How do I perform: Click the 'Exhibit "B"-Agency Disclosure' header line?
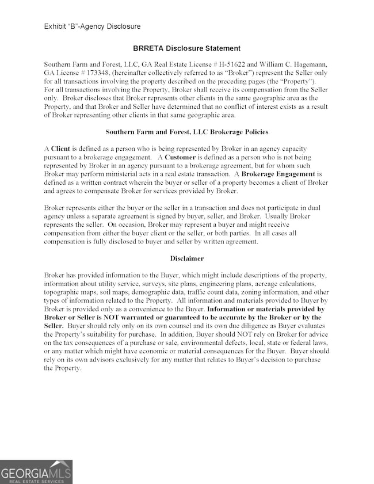(x=92, y=26)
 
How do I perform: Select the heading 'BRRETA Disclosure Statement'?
(x=186, y=48)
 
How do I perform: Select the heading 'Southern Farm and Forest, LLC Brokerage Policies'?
(x=186, y=132)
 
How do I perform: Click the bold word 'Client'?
(x=60, y=148)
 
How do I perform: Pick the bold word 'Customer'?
(x=180, y=157)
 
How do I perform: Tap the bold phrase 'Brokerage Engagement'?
(x=278, y=173)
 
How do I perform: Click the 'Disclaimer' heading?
(x=186, y=258)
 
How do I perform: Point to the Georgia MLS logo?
(x=36, y=472)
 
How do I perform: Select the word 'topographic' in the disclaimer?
(x=62, y=292)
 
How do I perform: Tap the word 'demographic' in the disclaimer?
(x=151, y=292)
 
